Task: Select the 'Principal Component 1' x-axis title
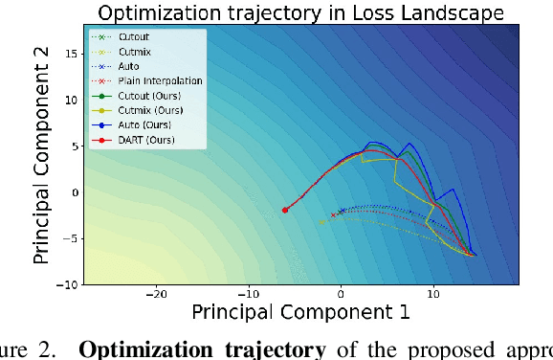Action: pos(301,312)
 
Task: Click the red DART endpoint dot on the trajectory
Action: pos(285,210)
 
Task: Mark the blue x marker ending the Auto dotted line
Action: pos(343,211)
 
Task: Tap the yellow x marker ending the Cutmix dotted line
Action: pos(321,221)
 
